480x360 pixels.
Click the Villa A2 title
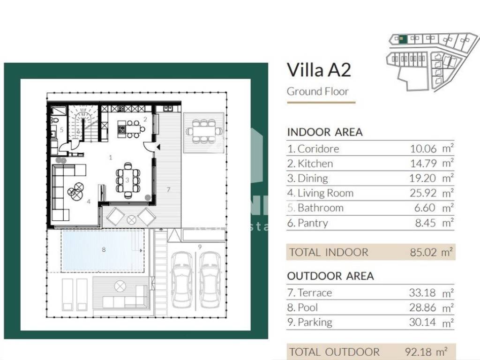(x=319, y=70)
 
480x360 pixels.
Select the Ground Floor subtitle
(x=318, y=91)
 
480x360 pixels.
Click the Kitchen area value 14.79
(x=423, y=164)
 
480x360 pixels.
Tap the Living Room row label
(x=325, y=193)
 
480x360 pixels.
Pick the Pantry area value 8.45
(x=425, y=223)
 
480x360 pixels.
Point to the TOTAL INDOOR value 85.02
(x=423, y=252)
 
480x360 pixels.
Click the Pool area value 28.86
(x=422, y=307)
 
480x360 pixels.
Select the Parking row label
(x=315, y=322)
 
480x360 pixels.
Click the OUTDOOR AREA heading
(x=330, y=276)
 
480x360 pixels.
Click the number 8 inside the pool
(x=104, y=249)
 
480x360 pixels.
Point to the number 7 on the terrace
(x=168, y=190)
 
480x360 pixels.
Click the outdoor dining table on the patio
(x=204, y=131)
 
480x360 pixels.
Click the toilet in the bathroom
(x=53, y=120)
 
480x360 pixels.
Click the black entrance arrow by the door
(x=158, y=147)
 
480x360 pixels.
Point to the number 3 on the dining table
(x=127, y=180)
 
